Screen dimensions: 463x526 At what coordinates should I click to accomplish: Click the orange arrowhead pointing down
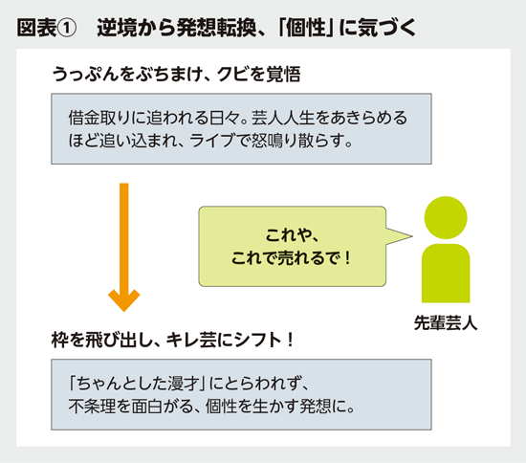point(121,300)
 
